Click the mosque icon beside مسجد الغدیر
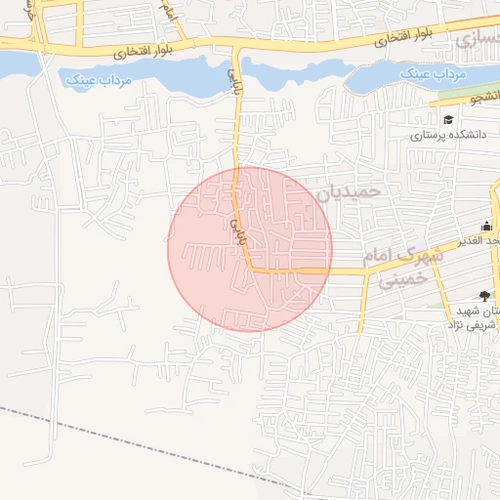point(486,227)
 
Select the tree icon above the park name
point(485,295)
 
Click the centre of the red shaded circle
point(250,248)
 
